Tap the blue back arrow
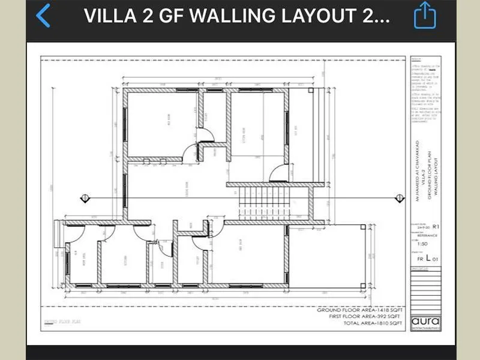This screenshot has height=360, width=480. tap(43, 16)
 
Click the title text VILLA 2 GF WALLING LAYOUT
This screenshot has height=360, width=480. tap(237, 16)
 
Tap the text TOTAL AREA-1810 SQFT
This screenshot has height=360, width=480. tap(365, 323)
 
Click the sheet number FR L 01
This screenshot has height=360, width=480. tap(427, 257)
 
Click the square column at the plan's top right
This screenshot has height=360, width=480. tap(310, 90)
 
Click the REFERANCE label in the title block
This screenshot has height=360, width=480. tap(427, 236)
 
